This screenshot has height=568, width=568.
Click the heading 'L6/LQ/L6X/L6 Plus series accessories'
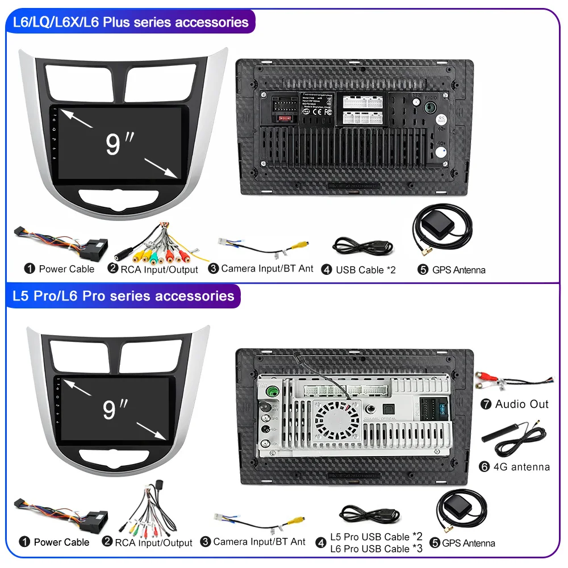pyautogui.click(x=130, y=23)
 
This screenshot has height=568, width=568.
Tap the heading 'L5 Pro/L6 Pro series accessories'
pyautogui.click(x=123, y=296)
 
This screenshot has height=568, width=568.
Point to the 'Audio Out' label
pyautogui.click(x=521, y=404)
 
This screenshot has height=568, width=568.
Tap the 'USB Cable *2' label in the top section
pyautogui.click(x=365, y=270)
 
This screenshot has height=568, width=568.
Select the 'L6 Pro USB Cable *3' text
pyautogui.click(x=377, y=549)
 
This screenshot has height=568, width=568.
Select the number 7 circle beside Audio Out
pyautogui.click(x=485, y=404)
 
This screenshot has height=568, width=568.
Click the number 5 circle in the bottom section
pyautogui.click(x=435, y=543)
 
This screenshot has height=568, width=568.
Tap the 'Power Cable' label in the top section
pyautogui.click(x=66, y=269)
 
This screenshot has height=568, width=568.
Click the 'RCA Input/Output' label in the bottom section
pyautogui.click(x=153, y=543)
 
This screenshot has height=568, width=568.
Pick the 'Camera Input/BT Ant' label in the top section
pyautogui.click(x=267, y=268)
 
